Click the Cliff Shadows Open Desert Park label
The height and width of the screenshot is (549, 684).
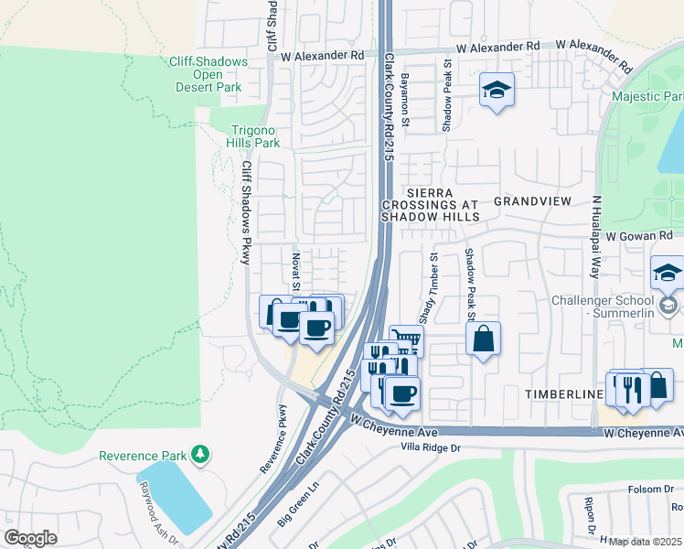pyautogui.click(x=208, y=75)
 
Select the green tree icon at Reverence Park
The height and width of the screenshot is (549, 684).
pyautogui.click(x=199, y=455)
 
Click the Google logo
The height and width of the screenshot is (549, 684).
pyautogui.click(x=30, y=537)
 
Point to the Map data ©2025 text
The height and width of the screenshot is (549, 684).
pyautogui.click(x=646, y=542)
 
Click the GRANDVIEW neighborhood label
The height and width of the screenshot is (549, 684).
pyautogui.click(x=532, y=200)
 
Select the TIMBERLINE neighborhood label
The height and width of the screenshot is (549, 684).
pyautogui.click(x=561, y=393)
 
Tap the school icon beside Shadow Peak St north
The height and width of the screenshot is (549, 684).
pyautogui.click(x=497, y=90)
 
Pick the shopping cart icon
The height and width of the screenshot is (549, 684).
pyautogui.click(x=406, y=340)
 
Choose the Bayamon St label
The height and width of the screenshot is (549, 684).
pyautogui.click(x=405, y=95)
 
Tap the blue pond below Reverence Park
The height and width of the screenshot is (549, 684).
pyautogui.click(x=174, y=494)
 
